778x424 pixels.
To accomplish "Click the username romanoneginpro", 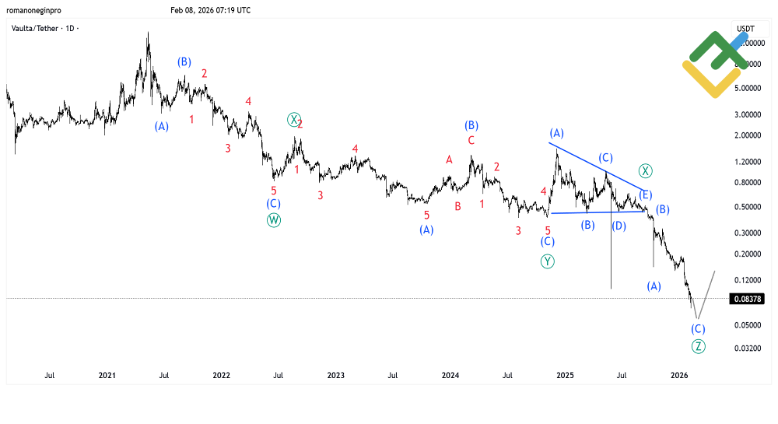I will pyautogui.click(x=36, y=10).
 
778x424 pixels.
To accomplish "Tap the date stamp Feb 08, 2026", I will pyautogui.click(x=210, y=10).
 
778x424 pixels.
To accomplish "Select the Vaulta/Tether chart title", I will pyautogui.click(x=45, y=28).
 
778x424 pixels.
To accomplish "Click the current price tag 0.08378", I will pyautogui.click(x=747, y=299).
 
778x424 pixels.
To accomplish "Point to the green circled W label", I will pyautogui.click(x=274, y=219).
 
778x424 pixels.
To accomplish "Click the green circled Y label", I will pyautogui.click(x=548, y=261).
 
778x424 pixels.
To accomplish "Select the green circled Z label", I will pyautogui.click(x=698, y=346).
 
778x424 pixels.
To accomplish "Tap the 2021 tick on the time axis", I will pyautogui.click(x=107, y=376).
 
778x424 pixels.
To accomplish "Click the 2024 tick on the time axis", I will pyautogui.click(x=450, y=376).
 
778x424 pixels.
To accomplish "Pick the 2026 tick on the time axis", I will pyautogui.click(x=678, y=376).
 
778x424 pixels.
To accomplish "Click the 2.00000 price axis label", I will pyautogui.click(x=748, y=135).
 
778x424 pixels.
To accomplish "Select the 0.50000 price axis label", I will pyautogui.click(x=748, y=207).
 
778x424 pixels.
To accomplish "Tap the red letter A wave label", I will pyautogui.click(x=449, y=159).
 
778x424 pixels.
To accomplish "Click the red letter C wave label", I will pyautogui.click(x=471, y=141).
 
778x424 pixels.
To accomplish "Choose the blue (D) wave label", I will pyautogui.click(x=619, y=226).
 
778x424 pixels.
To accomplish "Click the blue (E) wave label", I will pyautogui.click(x=646, y=194).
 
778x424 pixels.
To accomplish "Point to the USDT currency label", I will pyautogui.click(x=745, y=29).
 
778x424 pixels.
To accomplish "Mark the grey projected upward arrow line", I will pyautogui.click(x=706, y=289).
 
